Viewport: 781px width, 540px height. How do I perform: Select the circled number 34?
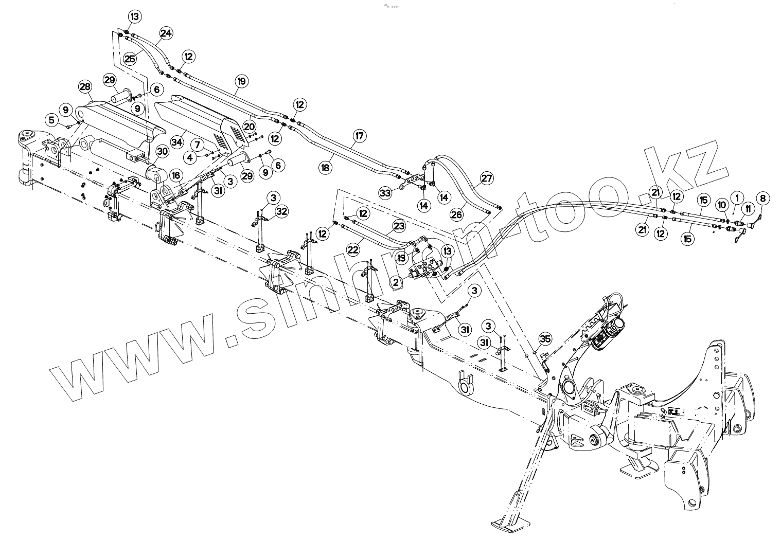[x=176, y=141]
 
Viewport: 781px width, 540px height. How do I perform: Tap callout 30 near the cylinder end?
[x=163, y=151]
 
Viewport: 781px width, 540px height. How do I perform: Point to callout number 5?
[x=51, y=120]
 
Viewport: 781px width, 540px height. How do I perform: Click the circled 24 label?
[x=166, y=33]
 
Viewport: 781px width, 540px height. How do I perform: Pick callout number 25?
[x=130, y=58]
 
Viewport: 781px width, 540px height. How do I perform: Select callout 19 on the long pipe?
[x=242, y=81]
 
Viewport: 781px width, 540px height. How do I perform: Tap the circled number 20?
[x=249, y=126]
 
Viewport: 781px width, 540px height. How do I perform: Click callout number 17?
[x=359, y=136]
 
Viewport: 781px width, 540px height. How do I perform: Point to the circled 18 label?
[x=325, y=167]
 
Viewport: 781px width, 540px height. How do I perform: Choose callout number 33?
[x=385, y=193]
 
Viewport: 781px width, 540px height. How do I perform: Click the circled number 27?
[x=486, y=179]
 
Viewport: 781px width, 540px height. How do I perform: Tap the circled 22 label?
[x=352, y=250]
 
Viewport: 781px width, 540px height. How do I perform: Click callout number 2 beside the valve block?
[x=396, y=282]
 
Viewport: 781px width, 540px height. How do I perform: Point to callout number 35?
[x=545, y=338]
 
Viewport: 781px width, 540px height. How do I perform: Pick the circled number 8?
[x=763, y=198]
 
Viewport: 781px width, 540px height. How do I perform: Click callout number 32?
[x=281, y=211]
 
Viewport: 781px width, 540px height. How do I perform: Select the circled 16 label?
[x=177, y=176]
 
